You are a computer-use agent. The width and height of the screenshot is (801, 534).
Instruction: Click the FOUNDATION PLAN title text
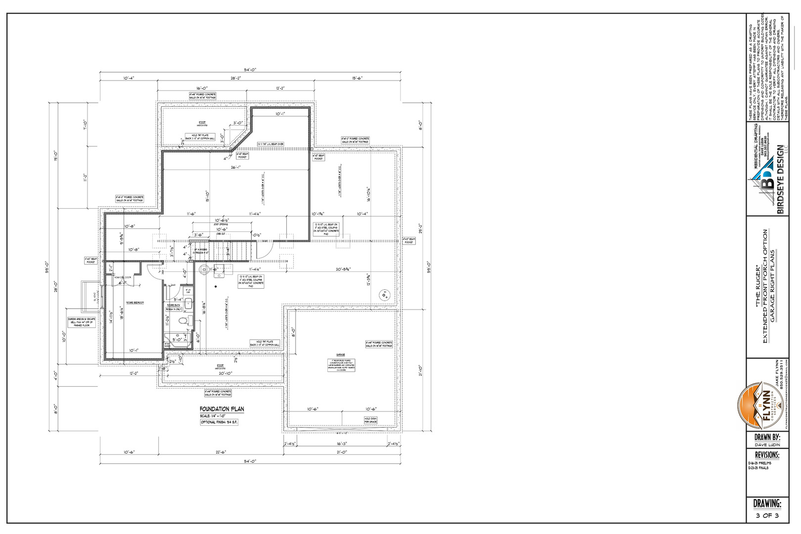(x=222, y=409)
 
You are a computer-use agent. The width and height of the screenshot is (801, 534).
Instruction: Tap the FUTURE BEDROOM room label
(x=135, y=302)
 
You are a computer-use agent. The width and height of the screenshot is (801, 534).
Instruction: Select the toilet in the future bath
(x=183, y=321)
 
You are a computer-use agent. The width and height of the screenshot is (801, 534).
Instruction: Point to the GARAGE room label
(x=341, y=355)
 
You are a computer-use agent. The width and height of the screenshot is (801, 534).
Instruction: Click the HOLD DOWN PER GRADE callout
(x=370, y=420)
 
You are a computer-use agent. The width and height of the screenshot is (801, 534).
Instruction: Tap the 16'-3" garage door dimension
(x=342, y=444)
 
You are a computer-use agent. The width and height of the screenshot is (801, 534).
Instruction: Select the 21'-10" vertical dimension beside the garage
(x=420, y=369)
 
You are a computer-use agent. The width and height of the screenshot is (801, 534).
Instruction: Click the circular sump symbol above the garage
(x=384, y=296)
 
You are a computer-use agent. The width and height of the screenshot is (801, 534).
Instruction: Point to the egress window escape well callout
(x=82, y=322)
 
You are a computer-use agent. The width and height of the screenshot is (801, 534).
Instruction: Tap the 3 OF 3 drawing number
(x=767, y=516)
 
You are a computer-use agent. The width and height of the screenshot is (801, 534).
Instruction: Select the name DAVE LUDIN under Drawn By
(x=767, y=445)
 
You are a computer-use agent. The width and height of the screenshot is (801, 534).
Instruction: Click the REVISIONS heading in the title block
(x=767, y=455)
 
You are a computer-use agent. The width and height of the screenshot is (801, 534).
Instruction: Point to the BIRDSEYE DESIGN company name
(x=780, y=179)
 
